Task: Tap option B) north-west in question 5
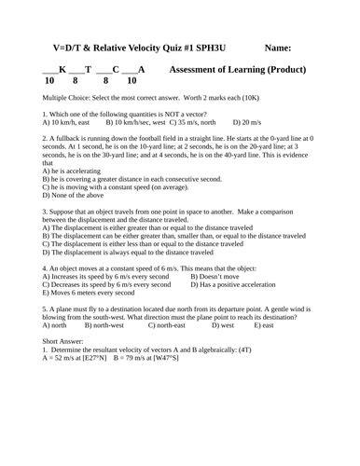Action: point(104,325)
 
